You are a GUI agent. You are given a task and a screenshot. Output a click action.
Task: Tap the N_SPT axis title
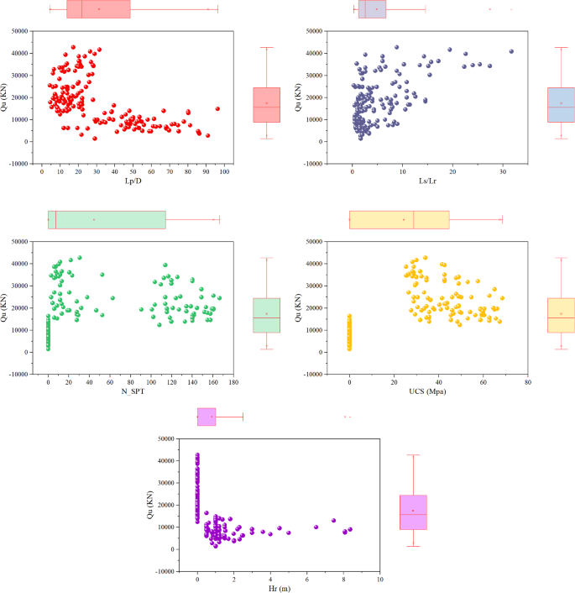pos(133,395)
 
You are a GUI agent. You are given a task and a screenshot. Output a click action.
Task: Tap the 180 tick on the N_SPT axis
pos(233,382)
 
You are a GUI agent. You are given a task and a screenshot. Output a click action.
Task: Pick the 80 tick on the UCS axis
pos(527,382)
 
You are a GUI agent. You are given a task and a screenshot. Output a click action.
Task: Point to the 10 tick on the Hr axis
pos(380,580)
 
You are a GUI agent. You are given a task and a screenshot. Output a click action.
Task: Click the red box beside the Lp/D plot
pos(266,105)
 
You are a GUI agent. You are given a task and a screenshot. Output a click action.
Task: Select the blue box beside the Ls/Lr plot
pos(561,105)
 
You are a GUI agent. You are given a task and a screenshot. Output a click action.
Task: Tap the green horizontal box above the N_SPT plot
pos(107,219)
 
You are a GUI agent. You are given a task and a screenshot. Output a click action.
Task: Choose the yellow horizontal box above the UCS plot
pos(400,219)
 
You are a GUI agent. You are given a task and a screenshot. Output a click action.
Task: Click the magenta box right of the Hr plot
pos(413,512)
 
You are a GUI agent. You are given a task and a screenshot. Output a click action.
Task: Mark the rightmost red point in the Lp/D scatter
pos(217,108)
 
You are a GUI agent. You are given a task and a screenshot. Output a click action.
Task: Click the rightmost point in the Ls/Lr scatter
pos(511,51)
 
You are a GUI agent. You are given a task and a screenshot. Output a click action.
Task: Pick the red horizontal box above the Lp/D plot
pos(98,8)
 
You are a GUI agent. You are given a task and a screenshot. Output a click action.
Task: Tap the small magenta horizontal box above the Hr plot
pos(206,417)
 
